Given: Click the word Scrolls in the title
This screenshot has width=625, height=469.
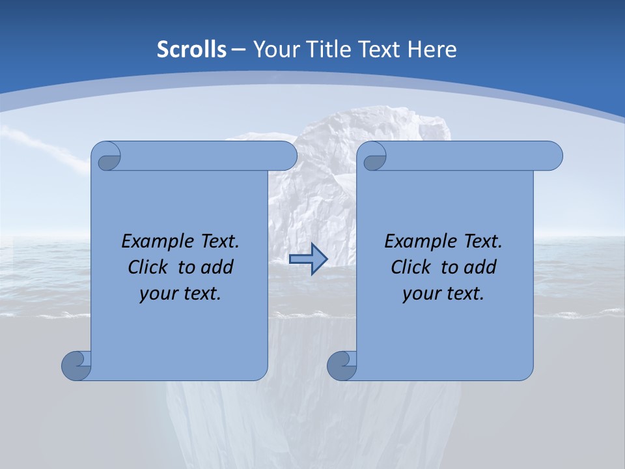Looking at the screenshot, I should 192,50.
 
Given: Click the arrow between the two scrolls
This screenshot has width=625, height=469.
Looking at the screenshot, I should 308,259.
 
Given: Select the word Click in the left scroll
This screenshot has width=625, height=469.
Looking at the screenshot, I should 148,267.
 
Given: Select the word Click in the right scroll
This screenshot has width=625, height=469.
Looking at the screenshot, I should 411,267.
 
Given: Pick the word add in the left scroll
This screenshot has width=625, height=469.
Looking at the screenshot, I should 217,267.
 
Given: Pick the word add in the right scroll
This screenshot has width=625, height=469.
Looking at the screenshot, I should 480,267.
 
